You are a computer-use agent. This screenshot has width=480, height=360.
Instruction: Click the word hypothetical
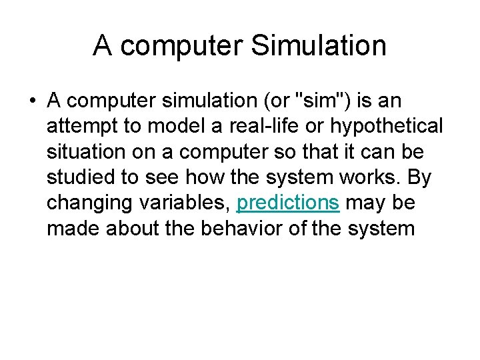pos(368,126)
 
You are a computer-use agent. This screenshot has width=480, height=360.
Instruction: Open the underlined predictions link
pos(288,203)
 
